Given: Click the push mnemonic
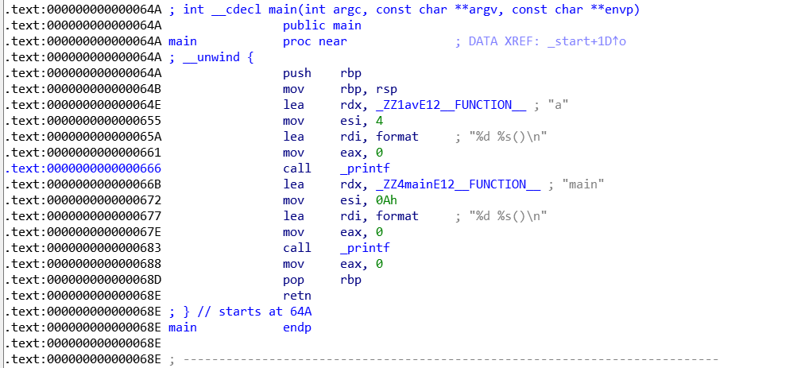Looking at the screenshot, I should point(296,73).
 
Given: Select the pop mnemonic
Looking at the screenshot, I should point(293,280).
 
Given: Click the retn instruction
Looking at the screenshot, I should point(296,296).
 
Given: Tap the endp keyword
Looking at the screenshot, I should point(296,327).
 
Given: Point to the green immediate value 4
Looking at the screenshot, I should point(379,121).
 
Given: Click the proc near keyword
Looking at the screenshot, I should point(315,41).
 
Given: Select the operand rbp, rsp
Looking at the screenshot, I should point(369,89).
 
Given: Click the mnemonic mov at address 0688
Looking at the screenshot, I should point(293,264).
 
